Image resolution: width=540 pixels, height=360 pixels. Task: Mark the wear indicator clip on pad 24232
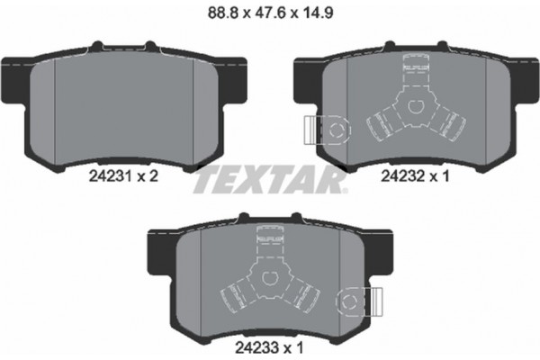[x=324, y=131]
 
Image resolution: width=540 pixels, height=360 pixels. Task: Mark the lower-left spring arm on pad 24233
[x=236, y=290]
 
